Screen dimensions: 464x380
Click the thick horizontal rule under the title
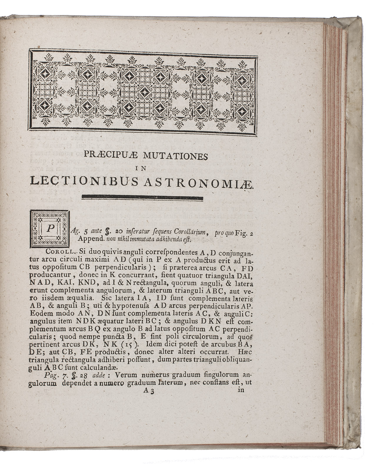pos(142,198)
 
